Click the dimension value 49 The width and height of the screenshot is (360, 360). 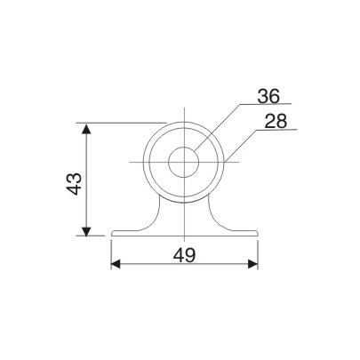tap(184, 255)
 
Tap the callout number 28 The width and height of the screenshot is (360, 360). tap(275, 121)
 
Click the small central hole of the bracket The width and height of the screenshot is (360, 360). tap(184, 162)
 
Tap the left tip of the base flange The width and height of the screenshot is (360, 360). tap(112, 235)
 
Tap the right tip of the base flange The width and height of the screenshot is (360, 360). tap(258, 235)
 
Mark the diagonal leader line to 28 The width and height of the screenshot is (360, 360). tap(241, 145)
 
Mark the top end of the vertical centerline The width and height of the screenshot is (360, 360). tap(184, 111)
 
